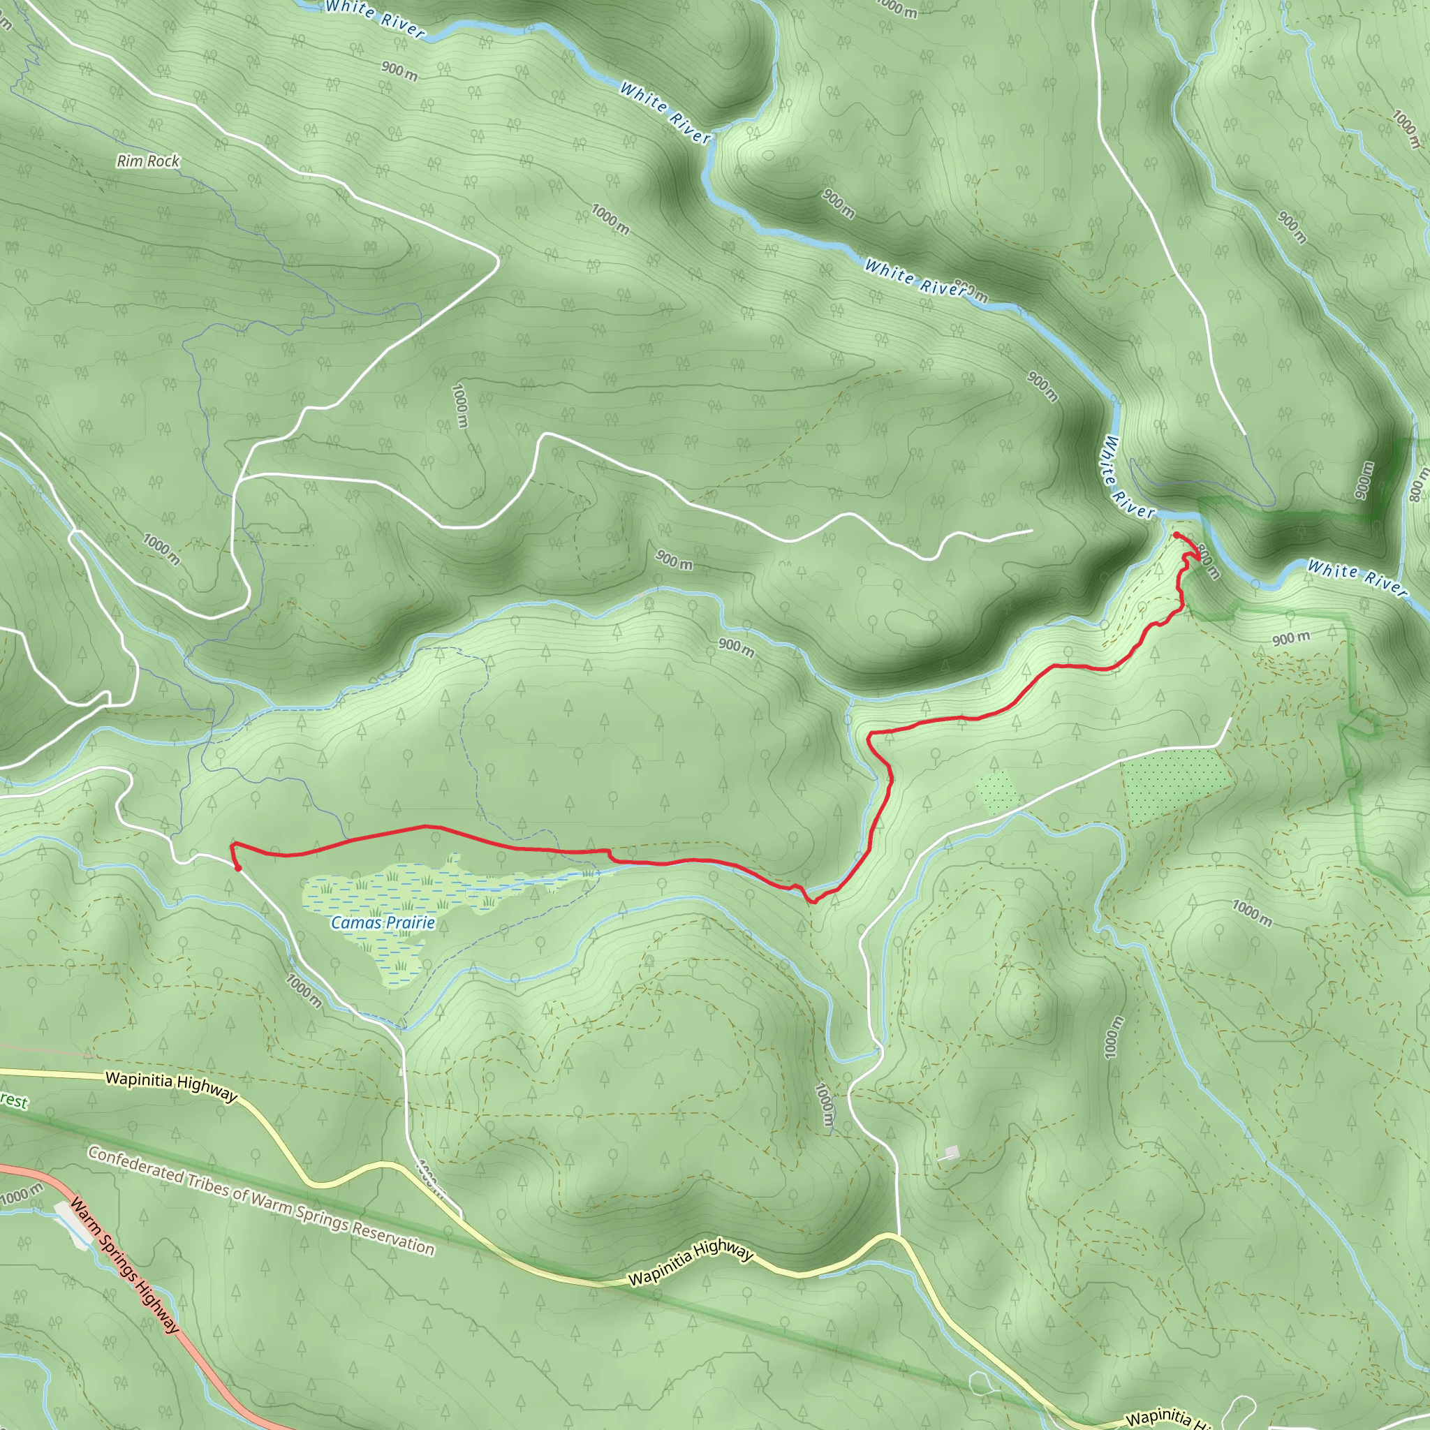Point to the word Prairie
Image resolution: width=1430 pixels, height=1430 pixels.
(409, 922)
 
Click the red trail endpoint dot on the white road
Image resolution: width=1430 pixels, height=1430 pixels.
(237, 867)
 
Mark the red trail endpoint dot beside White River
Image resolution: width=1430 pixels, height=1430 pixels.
(1176, 534)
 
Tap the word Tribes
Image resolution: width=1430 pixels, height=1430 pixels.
(209, 1184)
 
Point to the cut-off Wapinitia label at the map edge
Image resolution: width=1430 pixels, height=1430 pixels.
(1163, 1417)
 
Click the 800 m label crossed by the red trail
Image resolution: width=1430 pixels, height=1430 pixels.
(1208, 563)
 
